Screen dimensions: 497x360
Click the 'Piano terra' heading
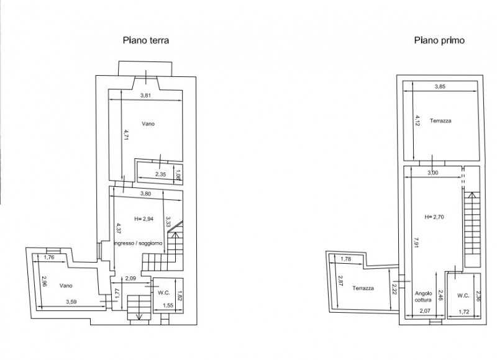coord(146,40)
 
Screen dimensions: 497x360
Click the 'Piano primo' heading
coord(439,40)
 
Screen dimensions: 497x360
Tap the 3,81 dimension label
coord(145,96)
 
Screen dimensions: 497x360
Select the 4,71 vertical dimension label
coord(127,135)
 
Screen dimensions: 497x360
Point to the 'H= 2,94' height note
coord(144,218)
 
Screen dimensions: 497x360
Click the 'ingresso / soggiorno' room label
coord(138,243)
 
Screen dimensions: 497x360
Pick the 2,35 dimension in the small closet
coord(160,174)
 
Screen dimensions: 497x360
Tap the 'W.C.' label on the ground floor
coord(164,293)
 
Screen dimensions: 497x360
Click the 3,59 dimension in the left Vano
coord(71,302)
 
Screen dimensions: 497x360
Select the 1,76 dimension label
coord(49,257)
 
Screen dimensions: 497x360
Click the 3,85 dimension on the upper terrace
coord(440,86)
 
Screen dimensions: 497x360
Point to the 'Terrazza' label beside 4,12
coord(440,120)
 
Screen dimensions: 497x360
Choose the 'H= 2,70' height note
coord(434,217)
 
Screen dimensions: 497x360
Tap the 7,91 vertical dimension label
coord(416,242)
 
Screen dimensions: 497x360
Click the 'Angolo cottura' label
coord(424,296)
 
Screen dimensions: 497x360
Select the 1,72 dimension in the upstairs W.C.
coord(464,312)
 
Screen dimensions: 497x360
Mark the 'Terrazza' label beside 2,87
coord(363,288)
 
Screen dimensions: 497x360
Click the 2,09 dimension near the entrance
coord(130,279)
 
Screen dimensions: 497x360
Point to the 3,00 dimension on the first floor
coord(433,173)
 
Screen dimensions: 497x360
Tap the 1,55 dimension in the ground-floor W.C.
coord(168,305)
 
